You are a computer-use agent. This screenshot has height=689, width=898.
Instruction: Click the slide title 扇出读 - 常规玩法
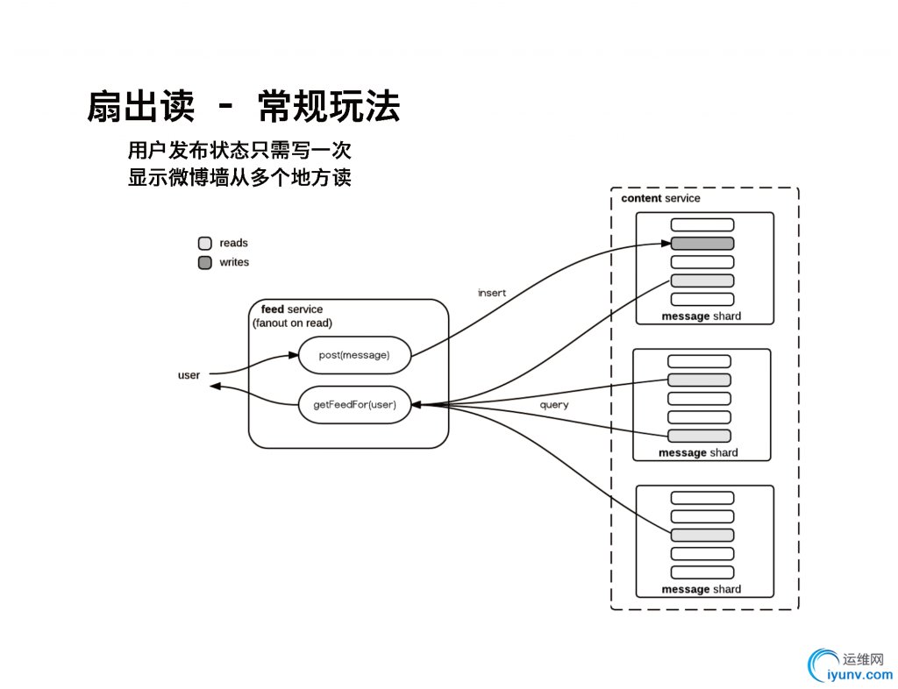click(243, 107)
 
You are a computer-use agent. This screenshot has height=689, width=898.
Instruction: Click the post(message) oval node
click(354, 355)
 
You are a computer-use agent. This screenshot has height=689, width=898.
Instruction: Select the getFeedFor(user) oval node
click(354, 405)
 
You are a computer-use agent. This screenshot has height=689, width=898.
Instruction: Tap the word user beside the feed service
click(189, 375)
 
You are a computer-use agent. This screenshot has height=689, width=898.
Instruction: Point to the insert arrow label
click(492, 293)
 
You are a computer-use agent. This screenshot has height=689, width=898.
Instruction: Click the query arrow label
click(554, 405)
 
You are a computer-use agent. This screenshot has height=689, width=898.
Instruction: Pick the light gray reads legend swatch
click(205, 243)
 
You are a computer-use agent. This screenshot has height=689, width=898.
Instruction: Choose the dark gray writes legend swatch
click(205, 262)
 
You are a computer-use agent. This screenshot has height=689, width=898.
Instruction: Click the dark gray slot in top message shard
click(702, 244)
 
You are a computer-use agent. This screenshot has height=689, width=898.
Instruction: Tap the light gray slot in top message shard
click(702, 281)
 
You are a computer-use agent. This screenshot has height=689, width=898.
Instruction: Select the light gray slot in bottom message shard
click(702, 535)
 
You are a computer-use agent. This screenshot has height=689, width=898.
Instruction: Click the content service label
click(660, 198)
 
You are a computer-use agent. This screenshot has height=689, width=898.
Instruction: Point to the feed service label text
click(291, 309)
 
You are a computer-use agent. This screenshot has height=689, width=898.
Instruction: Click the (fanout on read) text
click(292, 323)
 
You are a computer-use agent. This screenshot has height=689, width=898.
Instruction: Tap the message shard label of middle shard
click(698, 452)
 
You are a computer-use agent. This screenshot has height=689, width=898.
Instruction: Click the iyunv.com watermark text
click(859, 675)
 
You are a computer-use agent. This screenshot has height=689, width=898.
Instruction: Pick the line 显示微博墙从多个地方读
click(239, 177)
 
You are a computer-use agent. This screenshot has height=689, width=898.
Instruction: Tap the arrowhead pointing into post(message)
click(294, 355)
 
